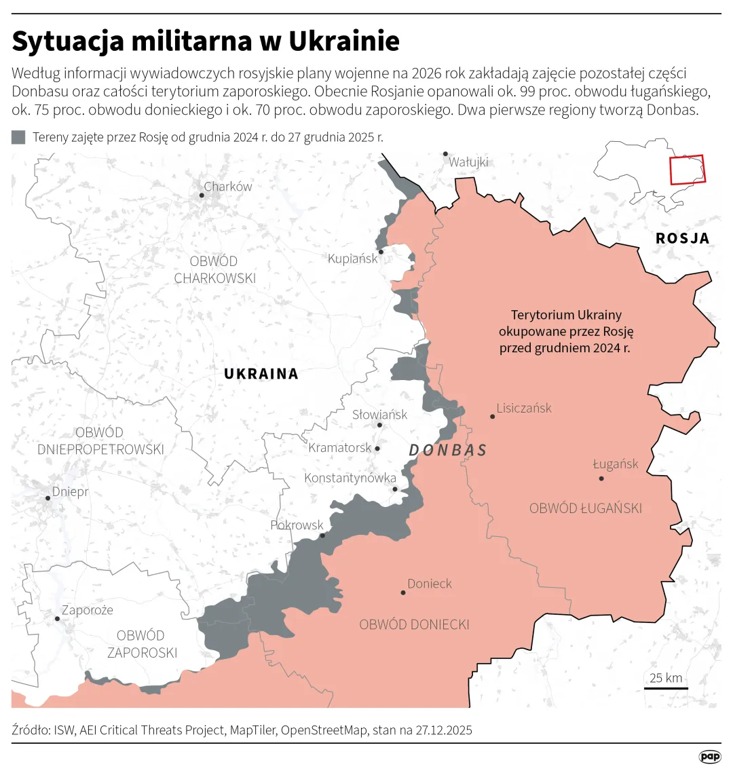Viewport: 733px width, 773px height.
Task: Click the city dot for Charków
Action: tap(202, 195)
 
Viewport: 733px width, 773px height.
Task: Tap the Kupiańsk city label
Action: tap(352, 259)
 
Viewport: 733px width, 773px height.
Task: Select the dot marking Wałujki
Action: tap(445, 154)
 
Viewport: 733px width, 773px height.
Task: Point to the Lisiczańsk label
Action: tap(523, 409)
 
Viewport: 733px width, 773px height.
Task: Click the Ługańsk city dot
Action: tap(601, 478)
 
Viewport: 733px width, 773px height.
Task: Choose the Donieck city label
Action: tap(429, 584)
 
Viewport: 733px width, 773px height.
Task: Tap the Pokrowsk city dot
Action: tap(322, 535)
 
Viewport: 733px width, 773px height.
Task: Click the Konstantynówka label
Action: tap(350, 478)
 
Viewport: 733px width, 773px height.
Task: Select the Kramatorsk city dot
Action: tap(377, 449)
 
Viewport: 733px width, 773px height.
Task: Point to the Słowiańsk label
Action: tap(379, 415)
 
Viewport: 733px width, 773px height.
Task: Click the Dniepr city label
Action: tap(70, 492)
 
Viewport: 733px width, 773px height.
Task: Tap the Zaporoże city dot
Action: tap(58, 619)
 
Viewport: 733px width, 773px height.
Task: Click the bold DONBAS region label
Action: tap(448, 450)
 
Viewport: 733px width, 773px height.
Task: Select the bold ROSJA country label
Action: tap(682, 238)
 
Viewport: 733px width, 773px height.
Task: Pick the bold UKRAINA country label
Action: tap(261, 374)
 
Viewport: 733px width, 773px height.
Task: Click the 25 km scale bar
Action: tap(666, 688)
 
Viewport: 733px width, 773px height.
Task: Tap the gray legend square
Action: tap(18, 138)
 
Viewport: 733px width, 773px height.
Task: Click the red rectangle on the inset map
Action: tap(687, 170)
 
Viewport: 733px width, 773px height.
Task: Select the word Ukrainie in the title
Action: tap(344, 41)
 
